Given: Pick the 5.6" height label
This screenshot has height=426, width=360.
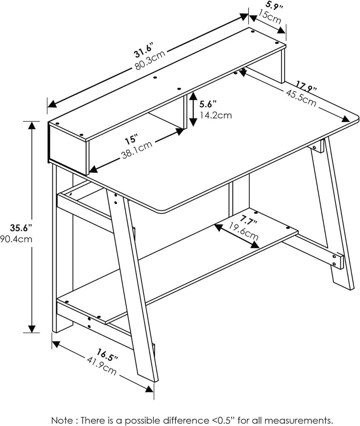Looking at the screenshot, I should (208, 104).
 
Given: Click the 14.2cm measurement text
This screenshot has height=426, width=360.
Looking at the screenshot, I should (216, 115).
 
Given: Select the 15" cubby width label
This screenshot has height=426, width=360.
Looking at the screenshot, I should (132, 139).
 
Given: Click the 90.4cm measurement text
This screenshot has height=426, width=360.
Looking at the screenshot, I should (16, 239).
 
